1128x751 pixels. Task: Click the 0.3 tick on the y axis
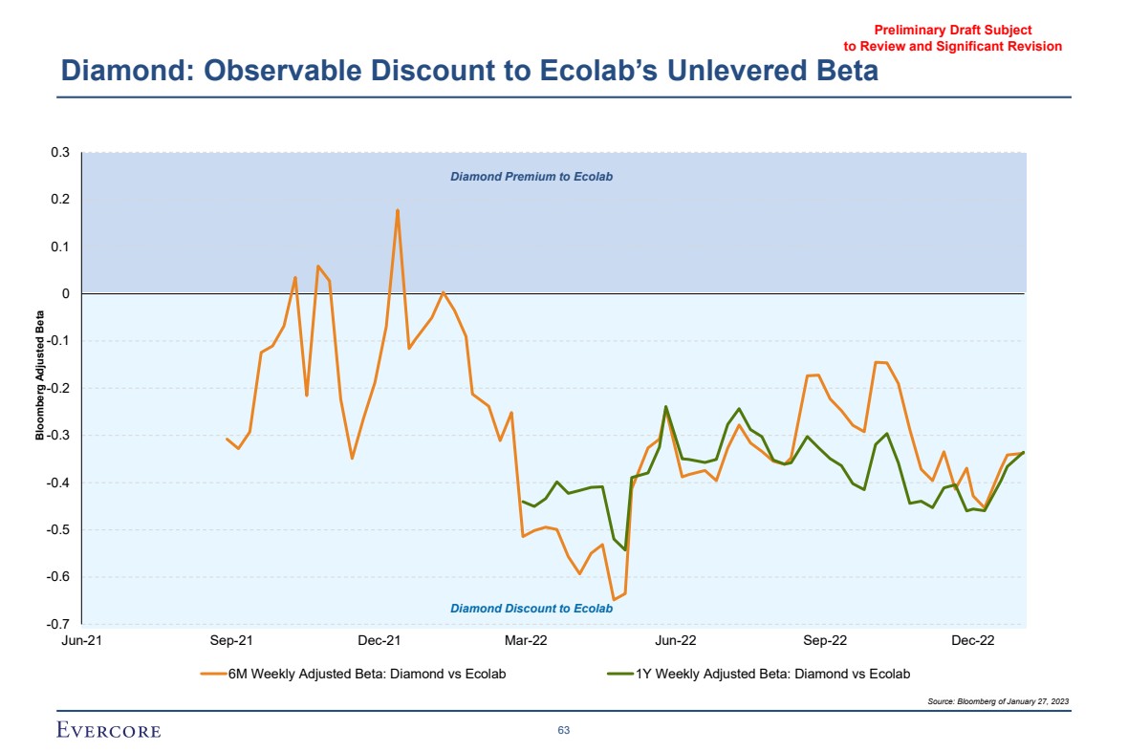coord(61,153)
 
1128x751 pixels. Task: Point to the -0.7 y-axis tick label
coord(59,624)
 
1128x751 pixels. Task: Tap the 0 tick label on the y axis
coord(66,294)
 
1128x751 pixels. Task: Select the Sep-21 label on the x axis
coord(230,640)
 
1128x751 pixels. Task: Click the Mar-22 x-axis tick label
coord(527,640)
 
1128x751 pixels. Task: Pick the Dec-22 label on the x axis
coord(973,640)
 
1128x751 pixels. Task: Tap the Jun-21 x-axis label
coord(81,640)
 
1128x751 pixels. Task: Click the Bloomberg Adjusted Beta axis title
coord(40,375)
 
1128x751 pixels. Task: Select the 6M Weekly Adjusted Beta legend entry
coord(354,675)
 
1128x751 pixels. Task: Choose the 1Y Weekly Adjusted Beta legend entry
coord(760,675)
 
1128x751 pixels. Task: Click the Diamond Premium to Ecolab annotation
coord(531,177)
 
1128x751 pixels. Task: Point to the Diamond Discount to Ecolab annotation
coord(531,609)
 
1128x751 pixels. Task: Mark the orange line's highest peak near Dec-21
coord(398,210)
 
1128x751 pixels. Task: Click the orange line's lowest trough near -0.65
coord(614,599)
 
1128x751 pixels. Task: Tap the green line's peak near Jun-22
coord(666,407)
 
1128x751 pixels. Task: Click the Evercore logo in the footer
coord(109,731)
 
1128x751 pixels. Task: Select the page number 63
coord(564,731)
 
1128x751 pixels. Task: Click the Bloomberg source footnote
coord(998,701)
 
